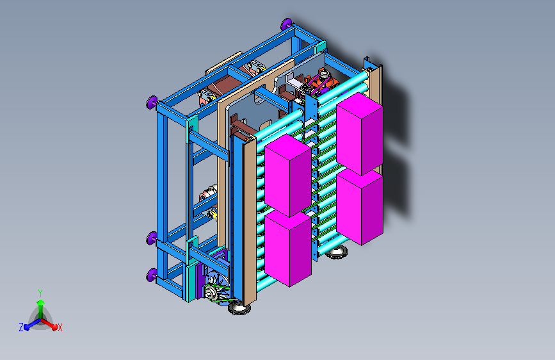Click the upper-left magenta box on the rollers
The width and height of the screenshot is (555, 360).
click(x=288, y=175)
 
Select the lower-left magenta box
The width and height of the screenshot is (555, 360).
click(x=288, y=248)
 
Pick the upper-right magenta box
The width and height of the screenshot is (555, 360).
click(x=360, y=134)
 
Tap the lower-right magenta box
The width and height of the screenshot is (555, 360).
click(x=360, y=208)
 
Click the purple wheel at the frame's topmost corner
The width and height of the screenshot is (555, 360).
click(x=286, y=24)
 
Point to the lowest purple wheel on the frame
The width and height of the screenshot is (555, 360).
click(x=152, y=275)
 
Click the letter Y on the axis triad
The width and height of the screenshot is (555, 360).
click(x=40, y=293)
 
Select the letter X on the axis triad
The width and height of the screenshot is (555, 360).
click(x=60, y=328)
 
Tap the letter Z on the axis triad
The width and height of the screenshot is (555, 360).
click(x=21, y=327)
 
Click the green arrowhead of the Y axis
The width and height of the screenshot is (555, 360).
click(x=41, y=303)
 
